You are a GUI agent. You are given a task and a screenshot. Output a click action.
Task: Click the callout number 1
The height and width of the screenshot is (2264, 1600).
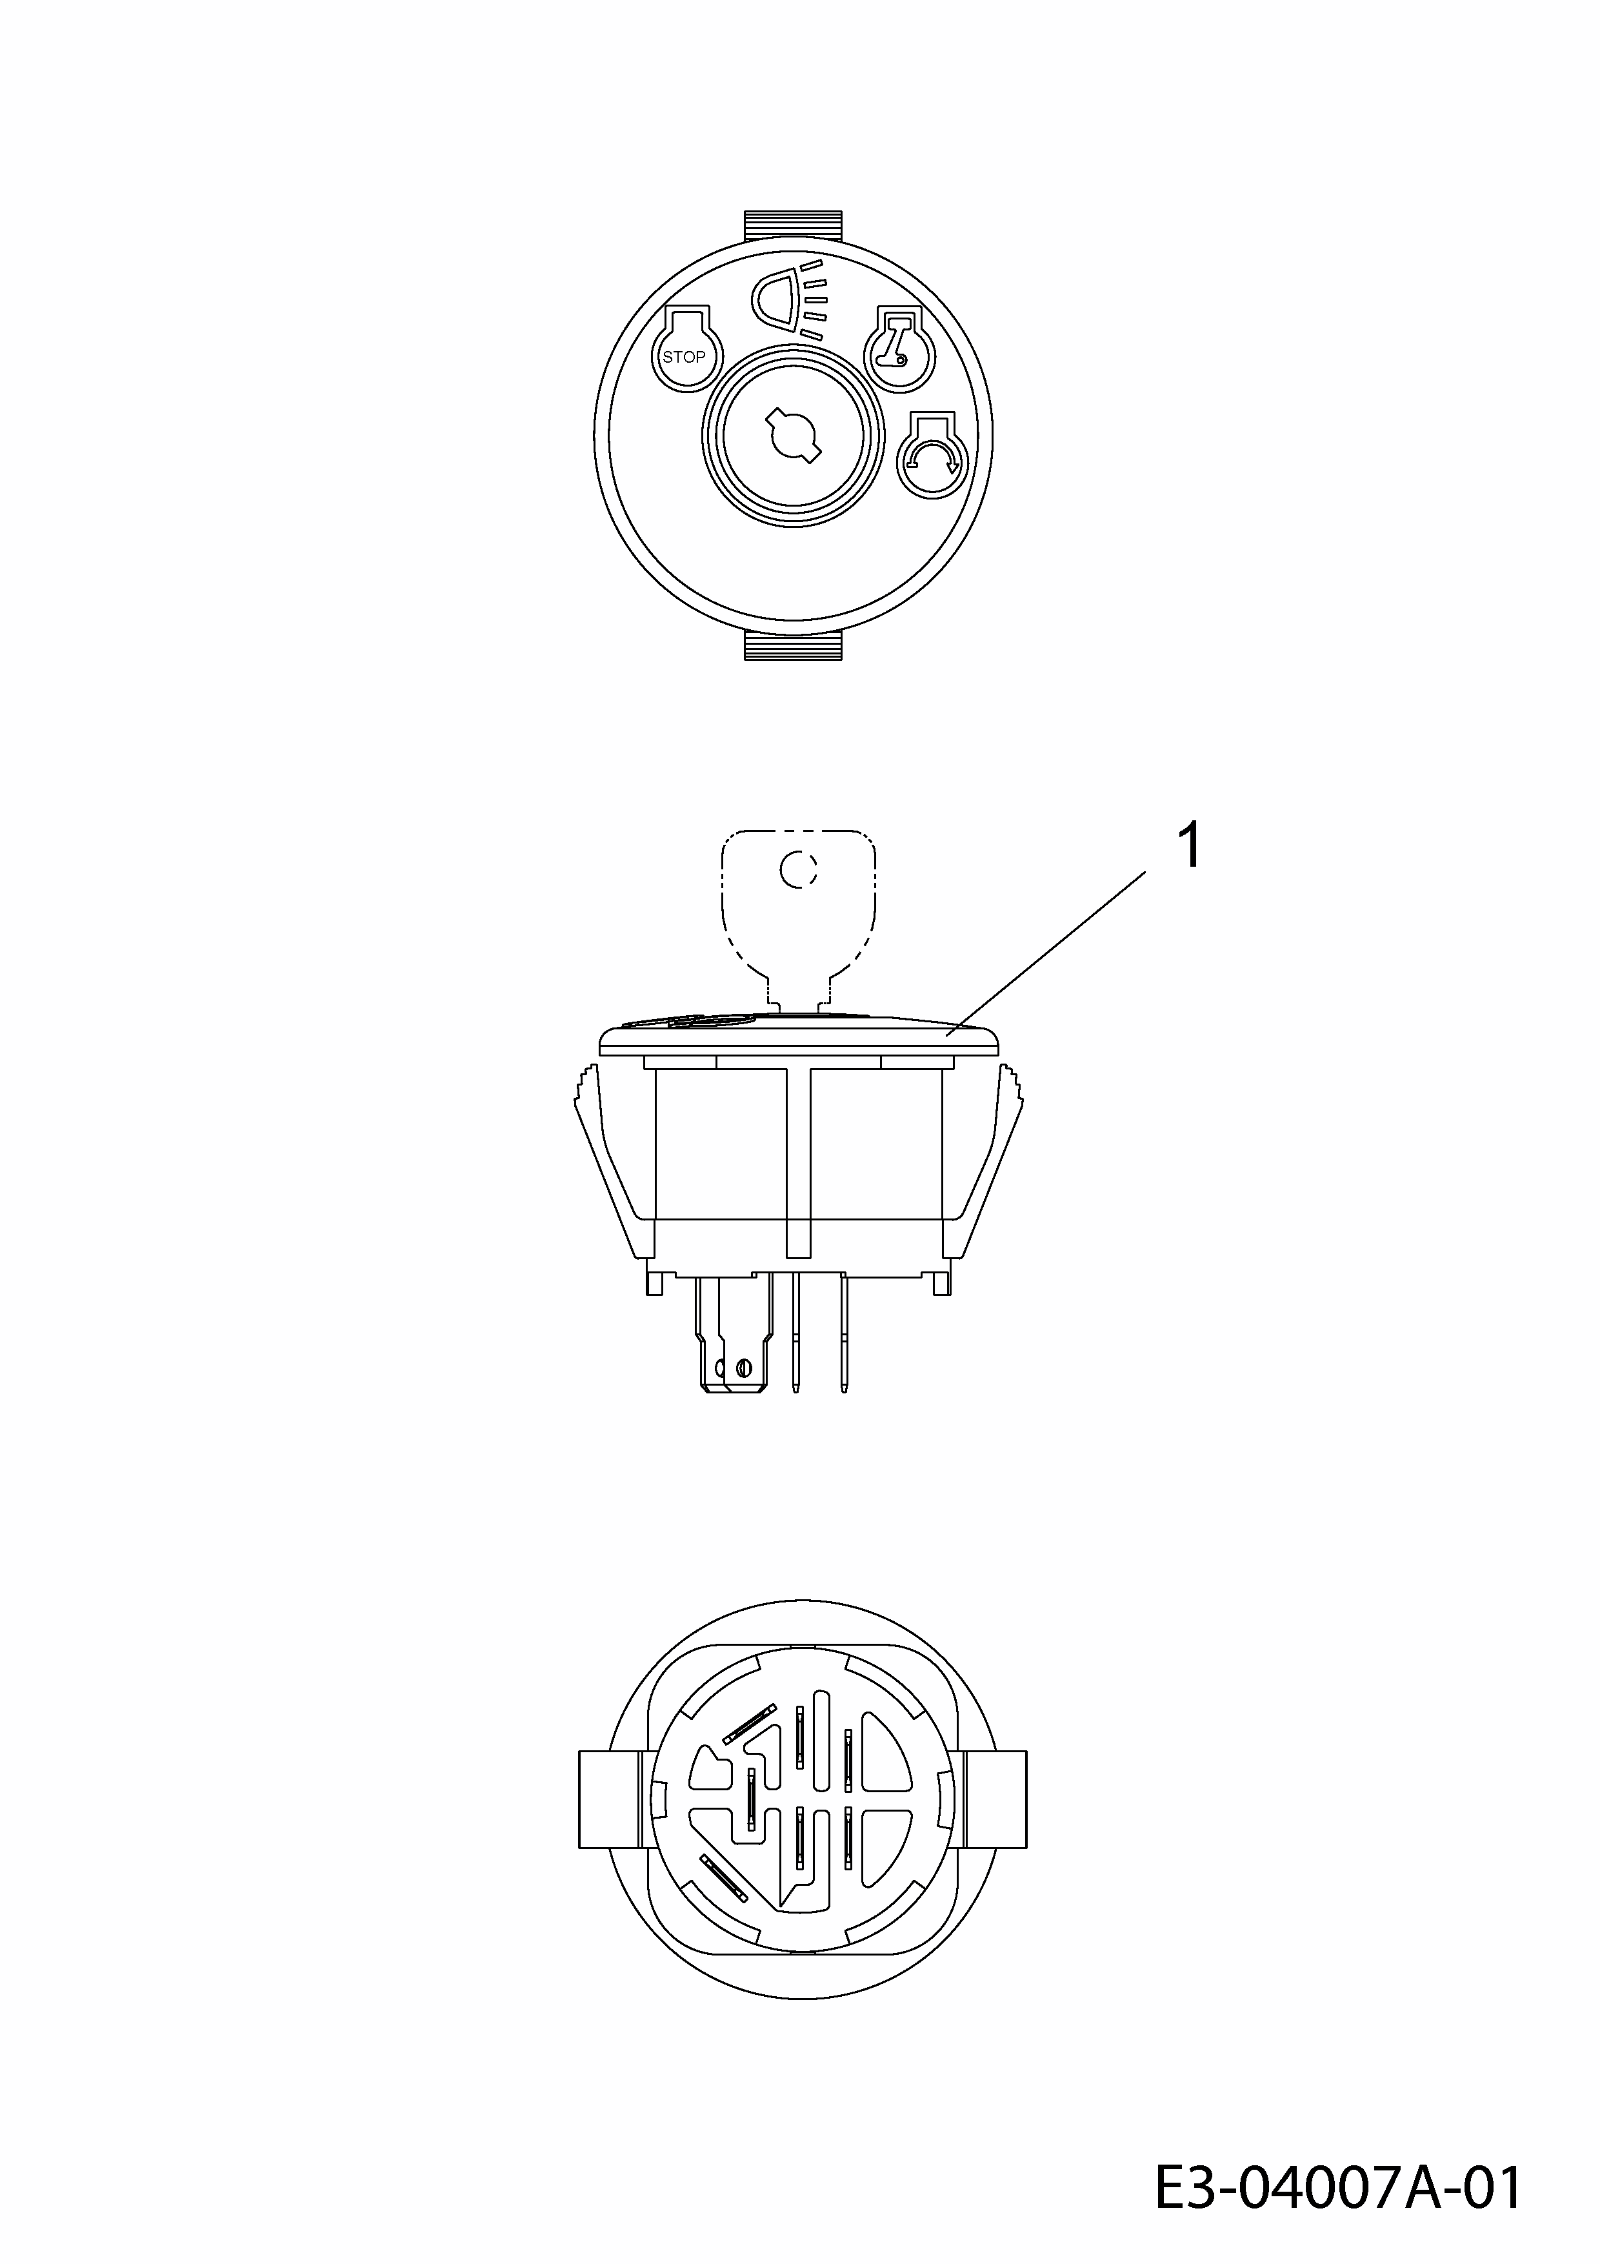(x=1191, y=847)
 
